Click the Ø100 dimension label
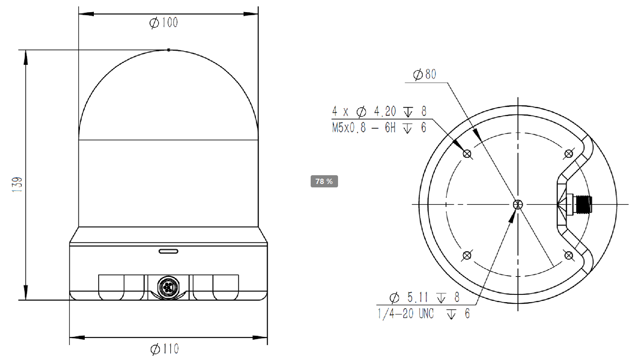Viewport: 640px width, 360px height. click(164, 22)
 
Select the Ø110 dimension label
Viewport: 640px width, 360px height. click(164, 349)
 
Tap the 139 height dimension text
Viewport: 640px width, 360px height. click(17, 184)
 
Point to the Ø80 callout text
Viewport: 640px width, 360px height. click(424, 74)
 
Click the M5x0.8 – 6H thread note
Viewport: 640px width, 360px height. click(363, 128)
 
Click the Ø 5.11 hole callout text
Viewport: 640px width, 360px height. click(408, 298)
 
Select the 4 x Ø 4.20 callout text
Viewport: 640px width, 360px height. click(364, 111)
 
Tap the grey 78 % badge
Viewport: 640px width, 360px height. click(324, 181)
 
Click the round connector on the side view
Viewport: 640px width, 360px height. click(168, 287)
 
